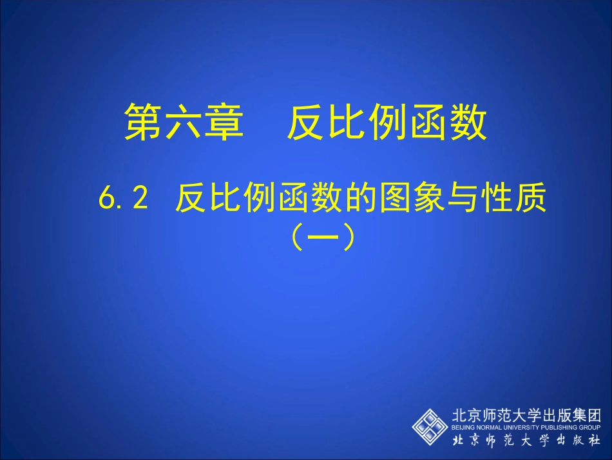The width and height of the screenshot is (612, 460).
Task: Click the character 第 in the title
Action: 144,122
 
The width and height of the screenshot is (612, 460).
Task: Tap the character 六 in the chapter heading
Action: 185,122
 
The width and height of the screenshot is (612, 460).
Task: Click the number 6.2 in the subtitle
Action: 124,200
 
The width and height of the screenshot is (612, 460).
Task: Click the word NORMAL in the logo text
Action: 491,427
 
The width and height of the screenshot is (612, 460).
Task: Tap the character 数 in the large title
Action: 468,122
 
